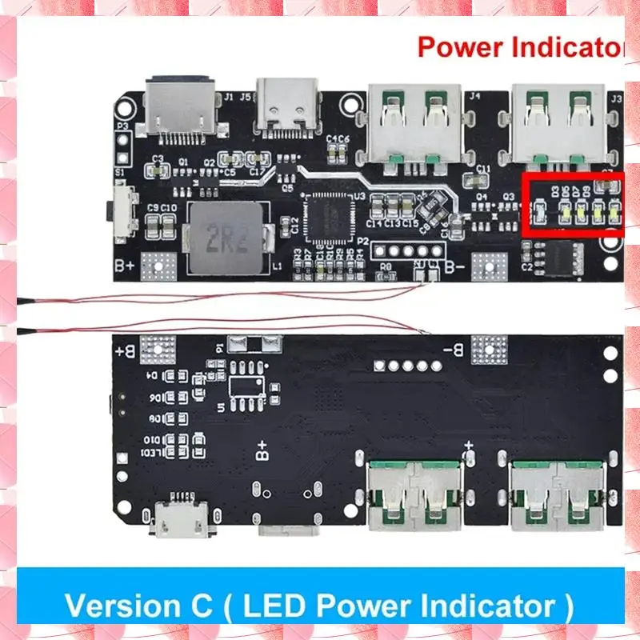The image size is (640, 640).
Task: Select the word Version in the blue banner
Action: (x=126, y=604)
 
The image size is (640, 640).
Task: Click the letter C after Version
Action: (x=220, y=604)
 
